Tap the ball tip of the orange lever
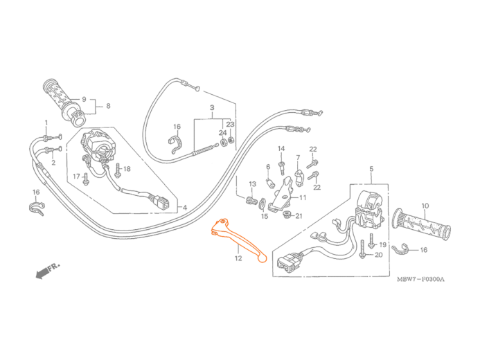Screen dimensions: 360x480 pyautogui.click(x=262, y=259)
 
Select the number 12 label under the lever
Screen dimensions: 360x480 pyautogui.click(x=237, y=258)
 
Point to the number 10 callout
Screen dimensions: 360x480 pyautogui.click(x=425, y=205)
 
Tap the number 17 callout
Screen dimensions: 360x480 pyautogui.click(x=76, y=177)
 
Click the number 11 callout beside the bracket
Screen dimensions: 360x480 pyautogui.click(x=303, y=197)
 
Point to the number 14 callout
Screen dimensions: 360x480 pyautogui.click(x=281, y=149)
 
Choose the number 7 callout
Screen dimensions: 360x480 pyautogui.click(x=298, y=158)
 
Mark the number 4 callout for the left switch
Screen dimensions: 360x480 pyautogui.click(x=185, y=208)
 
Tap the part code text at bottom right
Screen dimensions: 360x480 pyautogui.click(x=420, y=280)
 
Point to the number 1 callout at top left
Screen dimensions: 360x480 pyautogui.click(x=47, y=123)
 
